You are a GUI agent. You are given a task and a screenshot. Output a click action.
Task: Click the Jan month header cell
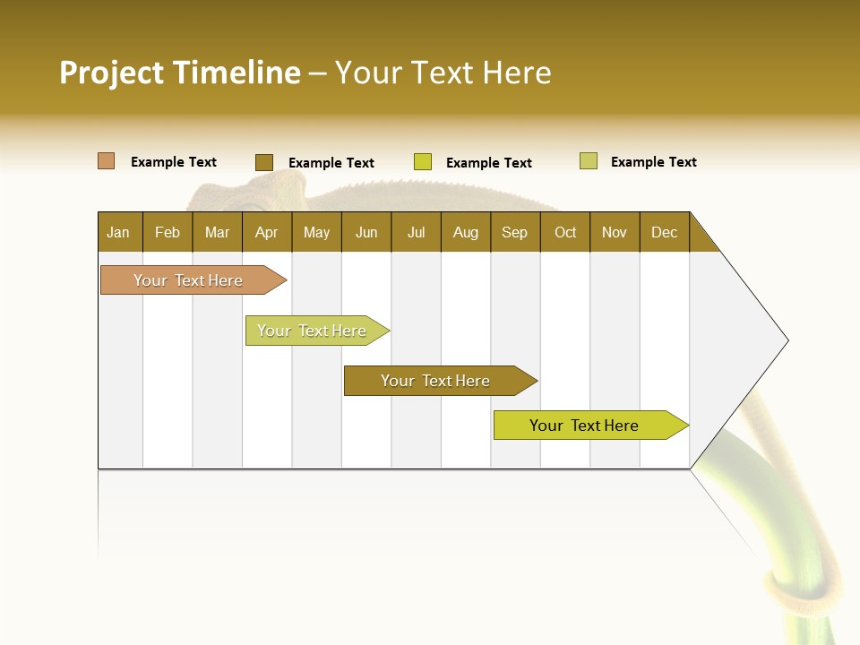[119, 232]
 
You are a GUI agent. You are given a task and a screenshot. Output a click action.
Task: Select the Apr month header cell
[267, 232]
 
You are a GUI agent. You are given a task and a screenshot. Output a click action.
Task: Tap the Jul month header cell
[417, 232]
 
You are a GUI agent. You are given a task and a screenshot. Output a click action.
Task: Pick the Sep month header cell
[515, 232]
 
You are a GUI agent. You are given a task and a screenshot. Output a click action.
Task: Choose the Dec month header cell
[665, 232]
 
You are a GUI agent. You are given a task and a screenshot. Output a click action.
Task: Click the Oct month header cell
[565, 232]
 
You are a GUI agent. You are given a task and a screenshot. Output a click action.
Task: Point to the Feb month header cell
[168, 232]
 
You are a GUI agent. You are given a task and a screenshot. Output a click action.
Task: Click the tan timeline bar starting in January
[188, 280]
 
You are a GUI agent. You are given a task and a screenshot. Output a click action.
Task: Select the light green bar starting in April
[312, 331]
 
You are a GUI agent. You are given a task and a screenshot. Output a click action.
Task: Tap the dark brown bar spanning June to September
[435, 381]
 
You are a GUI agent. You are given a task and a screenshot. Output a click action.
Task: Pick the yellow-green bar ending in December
[584, 426]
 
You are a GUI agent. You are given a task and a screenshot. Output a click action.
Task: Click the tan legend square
[107, 161]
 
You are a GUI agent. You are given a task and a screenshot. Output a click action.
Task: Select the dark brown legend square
[263, 162]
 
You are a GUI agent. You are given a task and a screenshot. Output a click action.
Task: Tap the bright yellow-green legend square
[423, 162]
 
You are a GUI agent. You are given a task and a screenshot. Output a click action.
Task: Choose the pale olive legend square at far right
[589, 161]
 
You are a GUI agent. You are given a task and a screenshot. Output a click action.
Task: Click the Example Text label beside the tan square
[174, 162]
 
